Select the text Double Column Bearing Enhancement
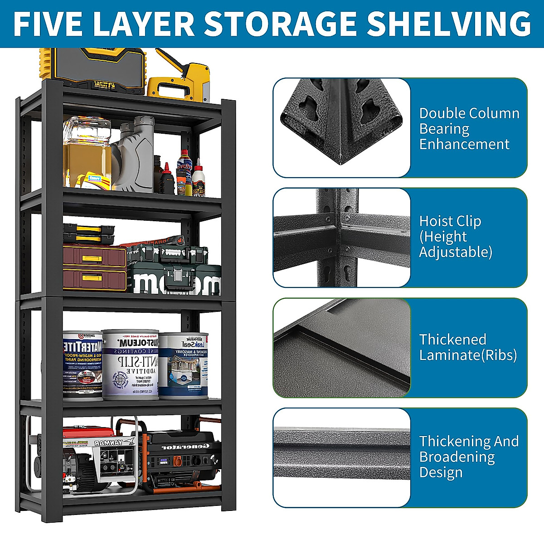pyautogui.click(x=469, y=128)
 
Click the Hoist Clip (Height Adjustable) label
pyautogui.click(x=455, y=236)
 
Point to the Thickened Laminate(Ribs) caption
pyautogui.click(x=467, y=347)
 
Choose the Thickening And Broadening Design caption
pyautogui.click(x=468, y=456)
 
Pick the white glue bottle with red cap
pyautogui.click(x=198, y=177)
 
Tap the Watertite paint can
pyautogui.click(x=82, y=365)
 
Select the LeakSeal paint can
pyautogui.click(x=184, y=365)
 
